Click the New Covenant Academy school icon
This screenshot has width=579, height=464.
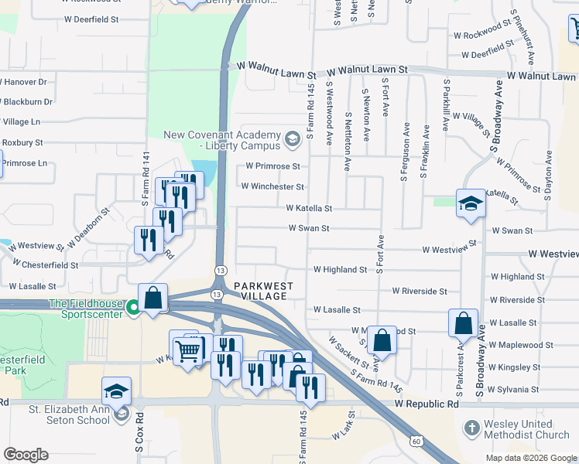point(292,140)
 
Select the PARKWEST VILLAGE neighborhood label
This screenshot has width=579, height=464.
point(263,291)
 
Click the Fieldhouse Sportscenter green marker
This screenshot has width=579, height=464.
point(133,308)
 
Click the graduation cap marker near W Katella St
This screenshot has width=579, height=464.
point(471,204)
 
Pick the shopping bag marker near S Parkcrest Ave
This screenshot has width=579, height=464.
point(463,323)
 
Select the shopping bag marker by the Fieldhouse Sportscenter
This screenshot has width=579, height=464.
point(153,298)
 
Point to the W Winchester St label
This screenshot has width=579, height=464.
point(272,186)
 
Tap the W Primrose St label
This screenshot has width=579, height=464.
point(272,165)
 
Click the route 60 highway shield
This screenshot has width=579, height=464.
point(416,440)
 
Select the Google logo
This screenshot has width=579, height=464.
point(26,455)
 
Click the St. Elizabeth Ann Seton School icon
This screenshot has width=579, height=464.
point(122,415)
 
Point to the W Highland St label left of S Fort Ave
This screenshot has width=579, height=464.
point(340,269)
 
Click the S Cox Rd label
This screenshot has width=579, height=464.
point(139,438)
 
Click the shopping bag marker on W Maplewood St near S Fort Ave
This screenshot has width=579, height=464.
point(382,339)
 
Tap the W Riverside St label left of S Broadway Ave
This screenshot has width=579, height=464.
point(420,291)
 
